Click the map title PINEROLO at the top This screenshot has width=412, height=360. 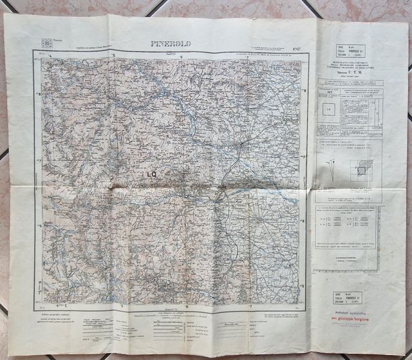point(171,44)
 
